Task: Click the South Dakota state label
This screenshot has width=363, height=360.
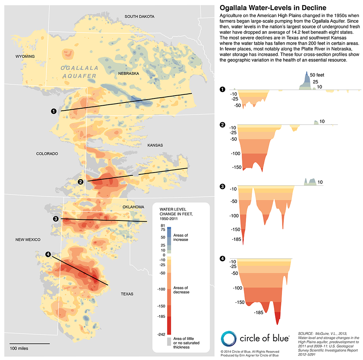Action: (x=139, y=17)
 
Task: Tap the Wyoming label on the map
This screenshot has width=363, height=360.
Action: (x=25, y=56)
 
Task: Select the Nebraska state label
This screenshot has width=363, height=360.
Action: (x=129, y=73)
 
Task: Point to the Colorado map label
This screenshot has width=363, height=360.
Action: (x=47, y=154)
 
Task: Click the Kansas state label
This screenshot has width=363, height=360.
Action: (x=155, y=145)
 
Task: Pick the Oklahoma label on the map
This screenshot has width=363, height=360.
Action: (x=133, y=207)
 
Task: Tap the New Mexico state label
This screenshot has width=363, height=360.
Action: (x=28, y=240)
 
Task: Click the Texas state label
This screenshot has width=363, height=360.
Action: (x=127, y=294)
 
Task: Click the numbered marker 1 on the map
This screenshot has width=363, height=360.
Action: (x=54, y=111)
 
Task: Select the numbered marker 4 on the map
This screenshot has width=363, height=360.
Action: (x=49, y=254)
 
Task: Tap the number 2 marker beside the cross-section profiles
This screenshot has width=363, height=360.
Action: (x=222, y=125)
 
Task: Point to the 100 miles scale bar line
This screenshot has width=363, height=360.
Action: (x=29, y=343)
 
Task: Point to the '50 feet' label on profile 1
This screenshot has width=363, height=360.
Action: (x=317, y=74)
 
